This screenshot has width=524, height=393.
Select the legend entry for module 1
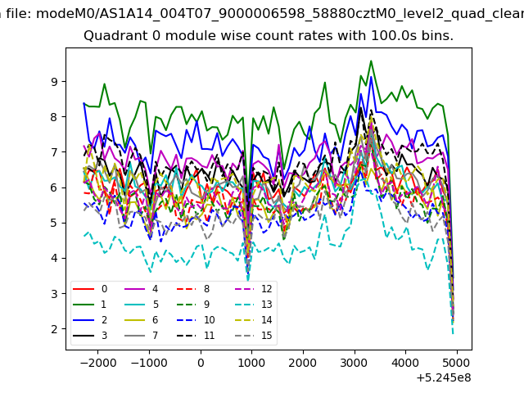tap(89, 305)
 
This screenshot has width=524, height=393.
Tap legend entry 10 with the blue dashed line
tap(196, 320)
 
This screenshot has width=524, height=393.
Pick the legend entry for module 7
tap(142, 336)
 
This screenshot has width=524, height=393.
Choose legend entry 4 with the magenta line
tap(142, 289)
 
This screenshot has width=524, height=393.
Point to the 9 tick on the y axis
tap(55, 82)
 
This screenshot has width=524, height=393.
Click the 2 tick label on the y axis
tap(55, 329)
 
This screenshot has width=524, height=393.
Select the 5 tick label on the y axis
tap(55, 223)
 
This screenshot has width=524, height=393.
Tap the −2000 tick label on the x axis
tap(98, 363)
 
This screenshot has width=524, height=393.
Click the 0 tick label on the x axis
tap(201, 363)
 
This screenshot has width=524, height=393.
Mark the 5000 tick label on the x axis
tap(457, 363)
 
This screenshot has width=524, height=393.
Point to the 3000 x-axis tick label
tap(355, 363)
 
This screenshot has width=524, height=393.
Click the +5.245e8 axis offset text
tap(444, 378)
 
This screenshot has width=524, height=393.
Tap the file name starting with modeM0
tap(280, 14)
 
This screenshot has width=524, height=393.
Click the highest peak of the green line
tap(371, 61)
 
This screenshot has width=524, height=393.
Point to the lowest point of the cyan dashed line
tap(453, 333)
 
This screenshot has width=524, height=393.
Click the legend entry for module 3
tap(89, 336)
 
